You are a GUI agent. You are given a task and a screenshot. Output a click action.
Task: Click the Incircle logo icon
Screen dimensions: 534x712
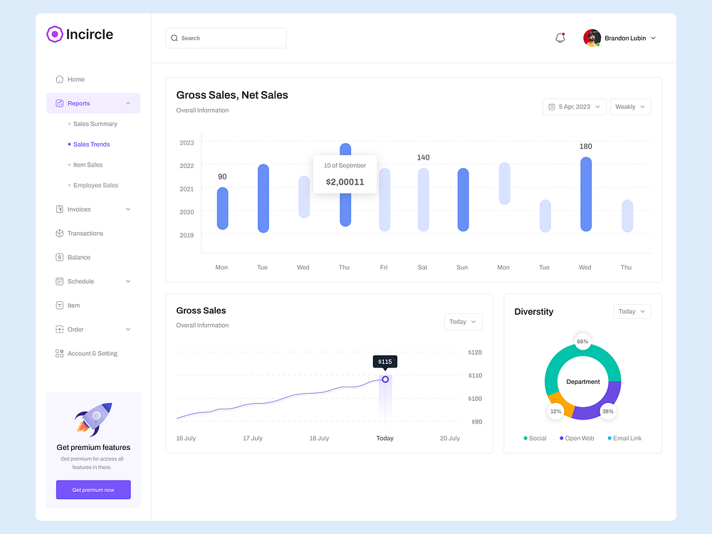55,34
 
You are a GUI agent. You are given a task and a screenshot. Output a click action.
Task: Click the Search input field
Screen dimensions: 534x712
226,38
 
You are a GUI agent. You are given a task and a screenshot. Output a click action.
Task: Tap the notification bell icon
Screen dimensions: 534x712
560,38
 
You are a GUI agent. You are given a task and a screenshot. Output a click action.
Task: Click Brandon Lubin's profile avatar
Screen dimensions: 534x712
592,38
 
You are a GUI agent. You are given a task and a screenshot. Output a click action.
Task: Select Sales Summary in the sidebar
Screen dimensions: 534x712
95,124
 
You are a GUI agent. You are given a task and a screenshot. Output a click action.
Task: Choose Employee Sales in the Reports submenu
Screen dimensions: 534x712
95,185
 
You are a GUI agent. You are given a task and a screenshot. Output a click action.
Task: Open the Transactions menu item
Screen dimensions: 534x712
85,234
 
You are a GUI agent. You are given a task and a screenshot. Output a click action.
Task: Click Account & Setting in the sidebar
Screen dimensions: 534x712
92,353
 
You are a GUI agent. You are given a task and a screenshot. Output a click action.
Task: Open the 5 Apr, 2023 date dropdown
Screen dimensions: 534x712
574,107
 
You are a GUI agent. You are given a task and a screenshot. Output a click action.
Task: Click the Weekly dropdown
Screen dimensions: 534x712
630,107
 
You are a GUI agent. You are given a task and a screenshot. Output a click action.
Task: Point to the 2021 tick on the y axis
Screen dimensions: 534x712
187,189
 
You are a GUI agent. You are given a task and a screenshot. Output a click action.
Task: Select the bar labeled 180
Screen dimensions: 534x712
586,194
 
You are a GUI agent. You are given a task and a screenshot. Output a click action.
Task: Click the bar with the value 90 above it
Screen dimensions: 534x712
222,209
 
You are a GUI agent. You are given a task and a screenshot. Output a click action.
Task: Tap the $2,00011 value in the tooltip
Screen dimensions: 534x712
345,182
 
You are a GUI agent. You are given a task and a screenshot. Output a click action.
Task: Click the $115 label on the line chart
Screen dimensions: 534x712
384,362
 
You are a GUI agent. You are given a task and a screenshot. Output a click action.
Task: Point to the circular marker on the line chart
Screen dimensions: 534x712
385,379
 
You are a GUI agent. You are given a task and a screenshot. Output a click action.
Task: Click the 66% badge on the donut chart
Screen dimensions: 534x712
582,342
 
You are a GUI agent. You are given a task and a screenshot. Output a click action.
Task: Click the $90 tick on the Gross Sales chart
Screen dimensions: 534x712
475,422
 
